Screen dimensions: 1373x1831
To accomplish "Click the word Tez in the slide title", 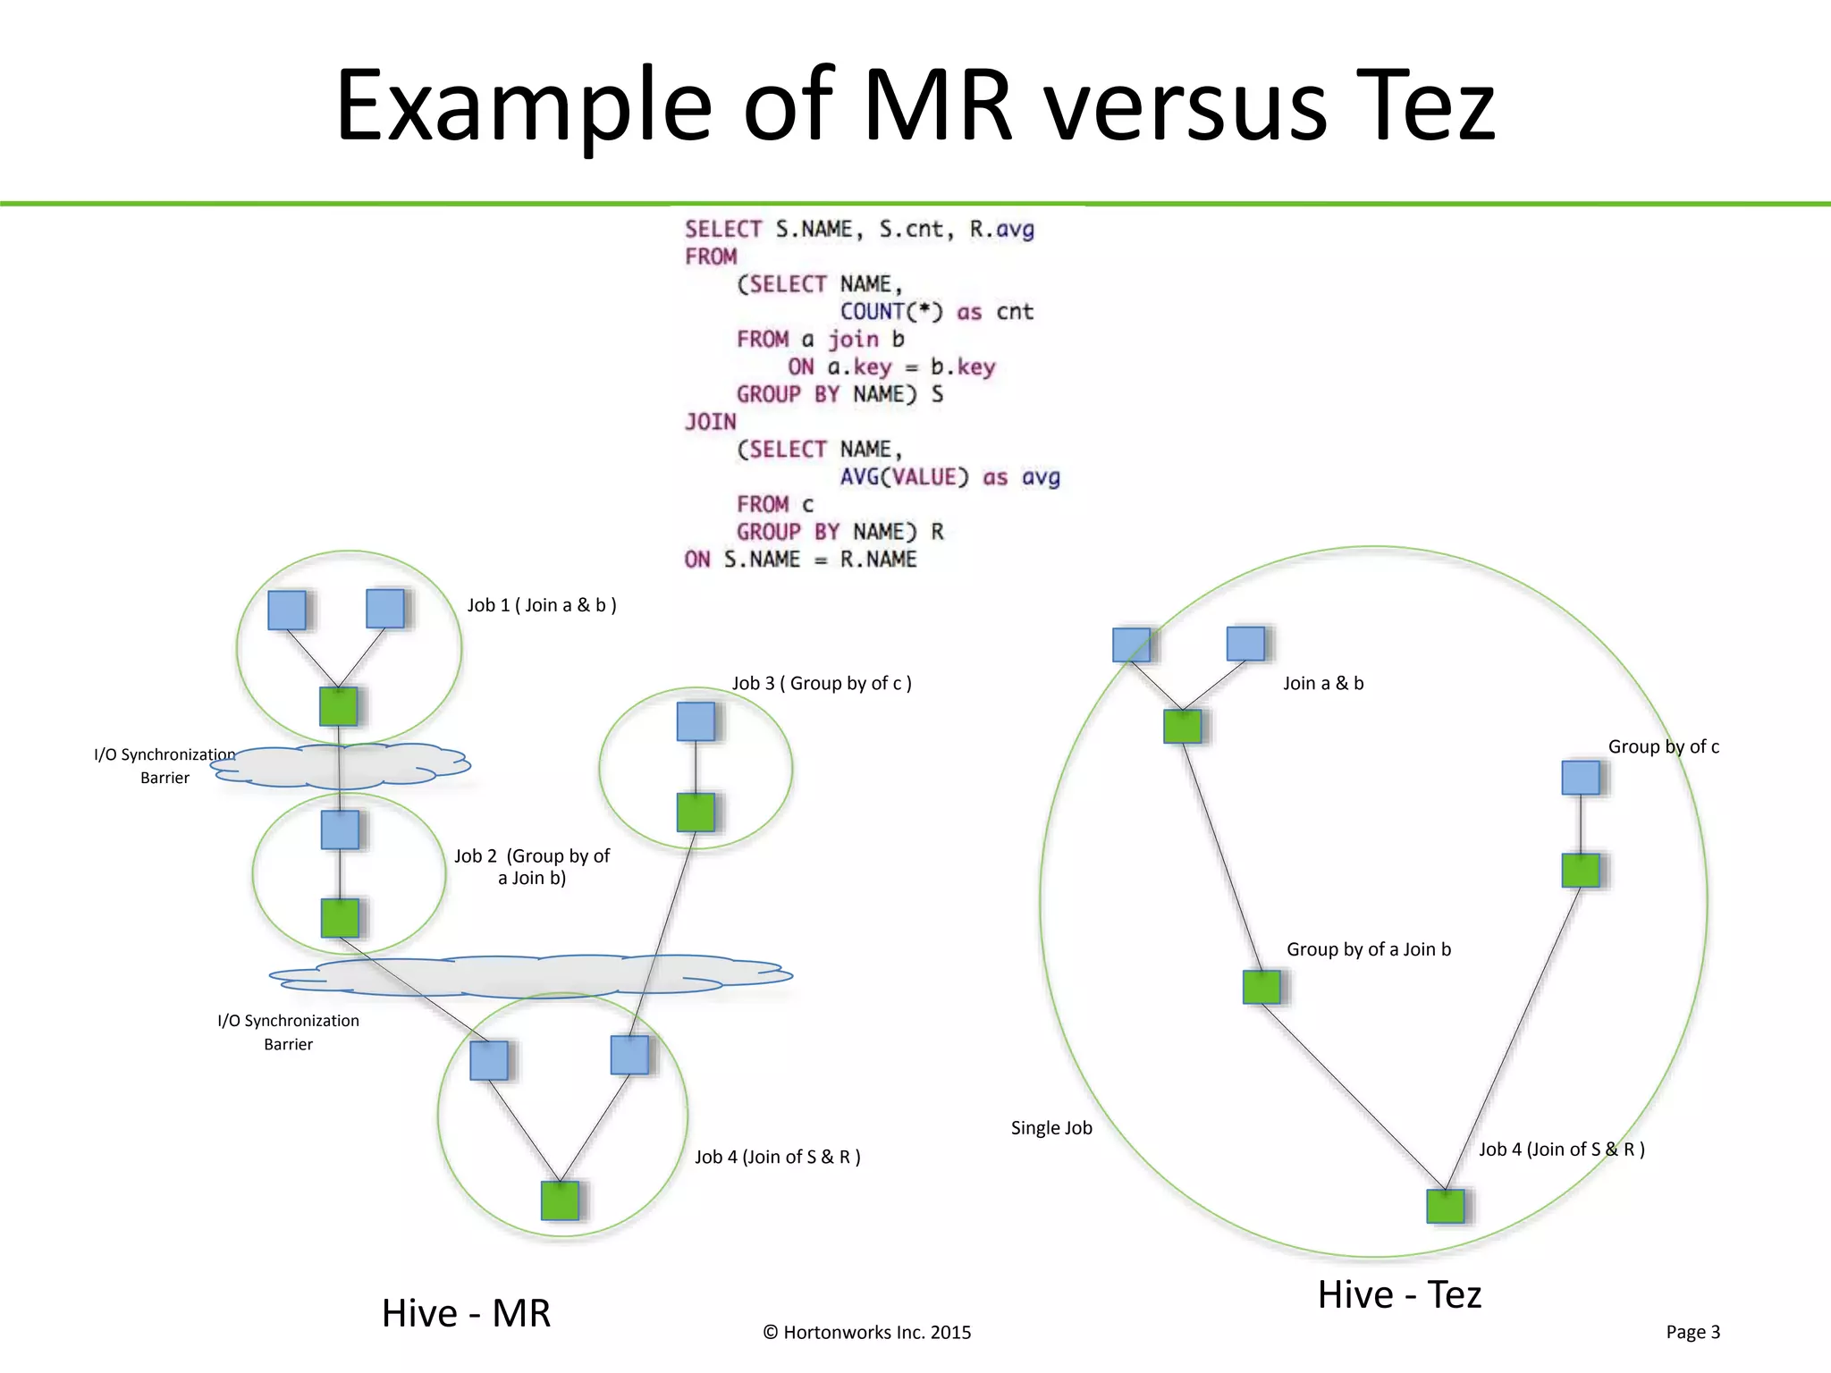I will (1423, 107).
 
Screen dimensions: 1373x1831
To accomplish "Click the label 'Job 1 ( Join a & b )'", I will (542, 605).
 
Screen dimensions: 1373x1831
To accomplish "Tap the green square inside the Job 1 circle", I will (339, 706).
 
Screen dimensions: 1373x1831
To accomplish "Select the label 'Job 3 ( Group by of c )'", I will (822, 684).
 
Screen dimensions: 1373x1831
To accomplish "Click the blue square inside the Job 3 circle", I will (696, 721).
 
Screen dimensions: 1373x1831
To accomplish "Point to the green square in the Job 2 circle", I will (340, 918).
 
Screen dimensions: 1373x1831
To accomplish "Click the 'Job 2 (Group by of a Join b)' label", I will (532, 866).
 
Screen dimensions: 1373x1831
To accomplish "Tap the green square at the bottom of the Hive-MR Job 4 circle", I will (561, 1200).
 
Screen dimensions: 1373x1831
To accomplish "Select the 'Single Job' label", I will (1051, 1128).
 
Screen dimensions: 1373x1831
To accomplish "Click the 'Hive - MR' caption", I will (466, 1313).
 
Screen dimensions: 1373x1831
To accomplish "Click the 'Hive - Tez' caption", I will (1399, 1294).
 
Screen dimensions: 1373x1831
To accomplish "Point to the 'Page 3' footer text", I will (1692, 1332).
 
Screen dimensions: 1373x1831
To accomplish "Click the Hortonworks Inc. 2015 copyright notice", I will (866, 1333).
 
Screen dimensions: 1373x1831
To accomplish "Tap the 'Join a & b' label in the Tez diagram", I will (1323, 684).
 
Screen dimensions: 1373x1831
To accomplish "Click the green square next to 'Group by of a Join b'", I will (1261, 987).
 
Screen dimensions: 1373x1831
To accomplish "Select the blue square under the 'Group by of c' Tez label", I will (1581, 778).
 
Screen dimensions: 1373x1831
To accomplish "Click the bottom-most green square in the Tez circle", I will (1446, 1207).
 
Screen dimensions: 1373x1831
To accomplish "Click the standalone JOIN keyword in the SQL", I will (711, 422).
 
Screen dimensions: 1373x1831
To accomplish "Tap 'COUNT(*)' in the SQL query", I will (891, 312).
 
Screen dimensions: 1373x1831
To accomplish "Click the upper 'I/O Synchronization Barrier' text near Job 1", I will (165, 766).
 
